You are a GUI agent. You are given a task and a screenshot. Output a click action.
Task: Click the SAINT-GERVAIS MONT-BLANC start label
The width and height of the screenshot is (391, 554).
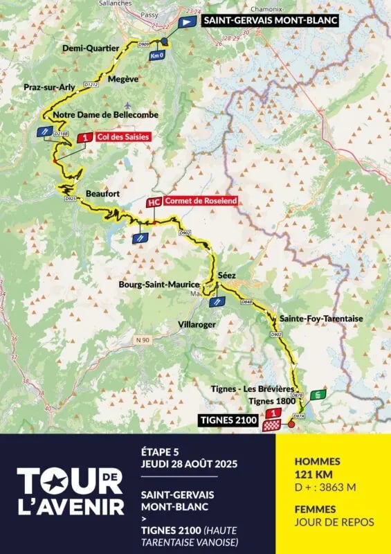coord(271,21)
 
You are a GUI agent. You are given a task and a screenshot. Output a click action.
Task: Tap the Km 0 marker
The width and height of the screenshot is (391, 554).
coord(157,55)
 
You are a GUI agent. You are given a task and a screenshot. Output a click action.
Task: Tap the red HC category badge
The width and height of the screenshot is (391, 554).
coord(154,202)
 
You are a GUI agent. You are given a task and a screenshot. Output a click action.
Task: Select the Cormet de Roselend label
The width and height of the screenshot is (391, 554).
coord(201,201)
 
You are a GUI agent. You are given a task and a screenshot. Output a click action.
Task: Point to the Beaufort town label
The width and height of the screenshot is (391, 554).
coord(99,193)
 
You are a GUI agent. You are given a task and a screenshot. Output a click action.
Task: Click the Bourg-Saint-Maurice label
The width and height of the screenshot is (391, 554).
coord(168,285)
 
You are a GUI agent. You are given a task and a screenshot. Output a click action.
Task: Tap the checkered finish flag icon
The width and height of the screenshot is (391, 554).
coord(271,427)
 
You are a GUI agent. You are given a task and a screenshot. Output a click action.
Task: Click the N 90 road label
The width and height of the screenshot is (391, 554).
coord(143,339)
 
